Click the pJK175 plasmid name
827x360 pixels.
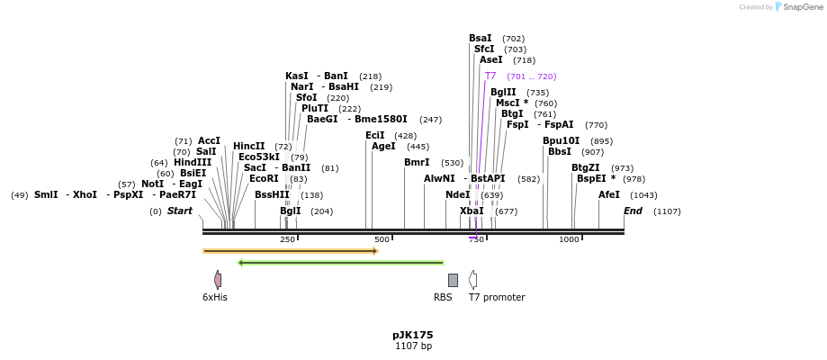413,335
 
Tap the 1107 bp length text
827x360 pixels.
413,346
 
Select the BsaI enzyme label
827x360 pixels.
481,39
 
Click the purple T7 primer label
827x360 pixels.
490,76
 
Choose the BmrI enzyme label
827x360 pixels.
417,163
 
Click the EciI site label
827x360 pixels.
374,136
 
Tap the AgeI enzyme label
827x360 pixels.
383,147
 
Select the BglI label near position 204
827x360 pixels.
291,211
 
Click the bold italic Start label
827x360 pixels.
180,211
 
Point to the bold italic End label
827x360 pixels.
634,211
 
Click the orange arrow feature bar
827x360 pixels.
290,251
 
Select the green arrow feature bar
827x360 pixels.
341,263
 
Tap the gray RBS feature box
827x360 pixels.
453,280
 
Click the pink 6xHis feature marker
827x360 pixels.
218,280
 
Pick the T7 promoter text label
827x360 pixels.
497,297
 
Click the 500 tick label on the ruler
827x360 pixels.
382,239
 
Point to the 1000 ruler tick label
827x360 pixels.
569,239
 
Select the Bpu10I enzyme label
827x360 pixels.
561,141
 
